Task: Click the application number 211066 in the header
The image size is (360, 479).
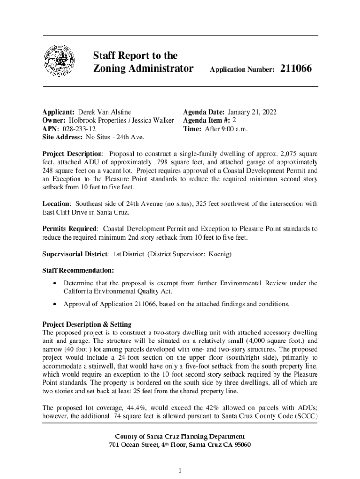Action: (296, 69)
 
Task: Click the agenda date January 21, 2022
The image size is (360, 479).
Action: (252, 112)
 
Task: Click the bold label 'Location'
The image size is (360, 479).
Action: (56, 204)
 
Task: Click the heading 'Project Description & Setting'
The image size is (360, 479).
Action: (87, 324)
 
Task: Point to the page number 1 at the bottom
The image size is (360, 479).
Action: (180, 470)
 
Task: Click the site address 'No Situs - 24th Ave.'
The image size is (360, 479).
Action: (114, 137)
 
